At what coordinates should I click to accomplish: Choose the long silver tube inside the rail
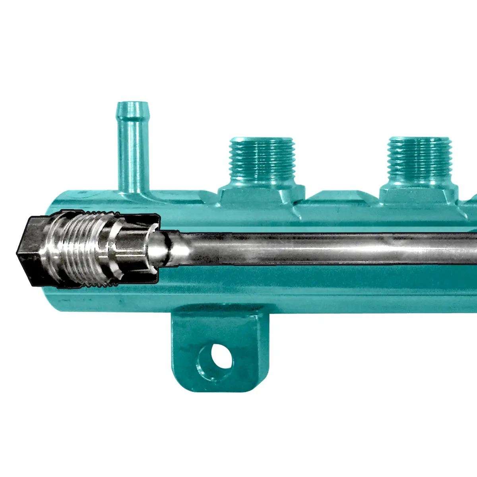click(x=318, y=248)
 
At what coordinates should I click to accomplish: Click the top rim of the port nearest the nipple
click(x=262, y=140)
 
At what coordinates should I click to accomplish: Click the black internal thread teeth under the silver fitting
click(x=99, y=284)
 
